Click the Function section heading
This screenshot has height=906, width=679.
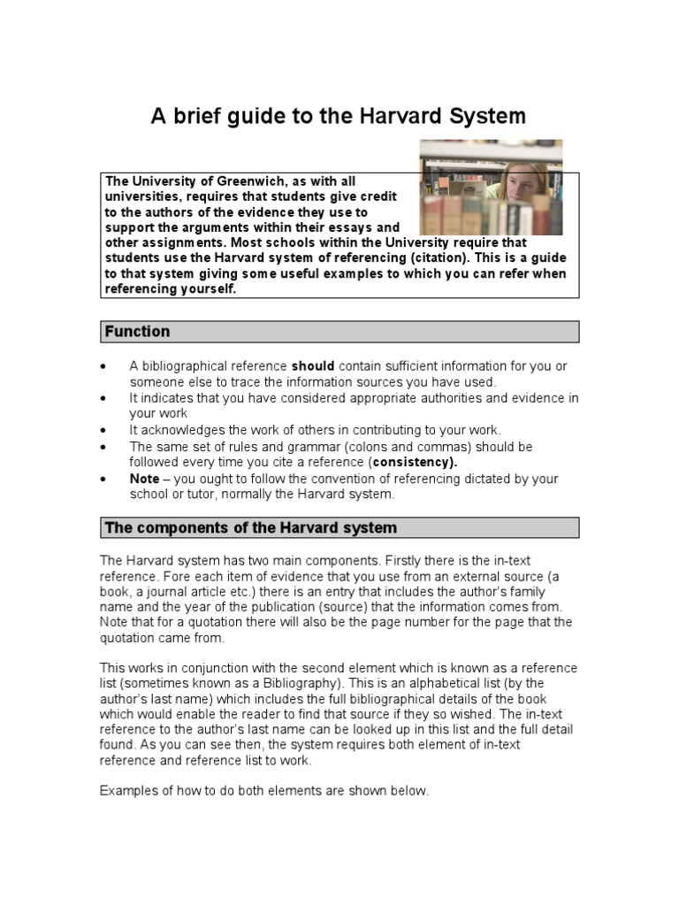[x=137, y=332]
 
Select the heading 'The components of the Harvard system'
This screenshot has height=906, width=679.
[x=250, y=528]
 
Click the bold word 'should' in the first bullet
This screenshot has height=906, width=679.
[x=313, y=366]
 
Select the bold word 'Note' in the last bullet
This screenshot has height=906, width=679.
[x=145, y=479]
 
